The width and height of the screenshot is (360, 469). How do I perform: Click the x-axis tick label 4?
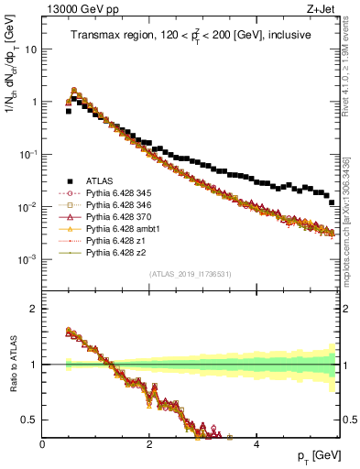coord(256,446)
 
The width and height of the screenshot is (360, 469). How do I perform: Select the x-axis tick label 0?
coord(43,446)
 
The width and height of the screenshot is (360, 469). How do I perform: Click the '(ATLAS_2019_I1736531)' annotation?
coord(191,274)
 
